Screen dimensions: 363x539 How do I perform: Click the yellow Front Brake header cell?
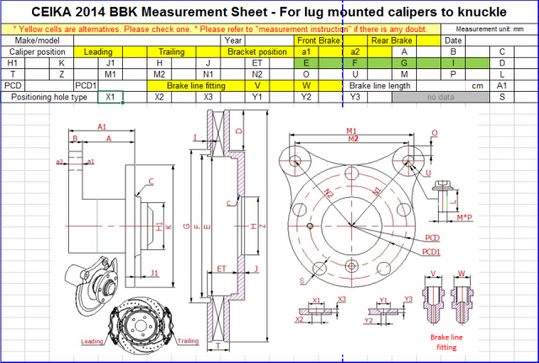318,40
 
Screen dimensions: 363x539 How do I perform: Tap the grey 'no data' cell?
440,98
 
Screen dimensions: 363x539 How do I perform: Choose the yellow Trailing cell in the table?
171,51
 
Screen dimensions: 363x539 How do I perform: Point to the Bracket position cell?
257,51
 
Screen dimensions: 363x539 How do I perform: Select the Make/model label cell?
37,40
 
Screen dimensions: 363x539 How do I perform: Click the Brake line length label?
379,86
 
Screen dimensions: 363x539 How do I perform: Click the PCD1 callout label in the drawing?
432,251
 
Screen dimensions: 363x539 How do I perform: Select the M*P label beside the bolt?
464,218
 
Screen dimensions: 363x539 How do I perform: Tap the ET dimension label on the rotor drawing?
221,267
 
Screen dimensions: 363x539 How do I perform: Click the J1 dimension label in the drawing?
155,272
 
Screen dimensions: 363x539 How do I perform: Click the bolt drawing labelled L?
445,201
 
